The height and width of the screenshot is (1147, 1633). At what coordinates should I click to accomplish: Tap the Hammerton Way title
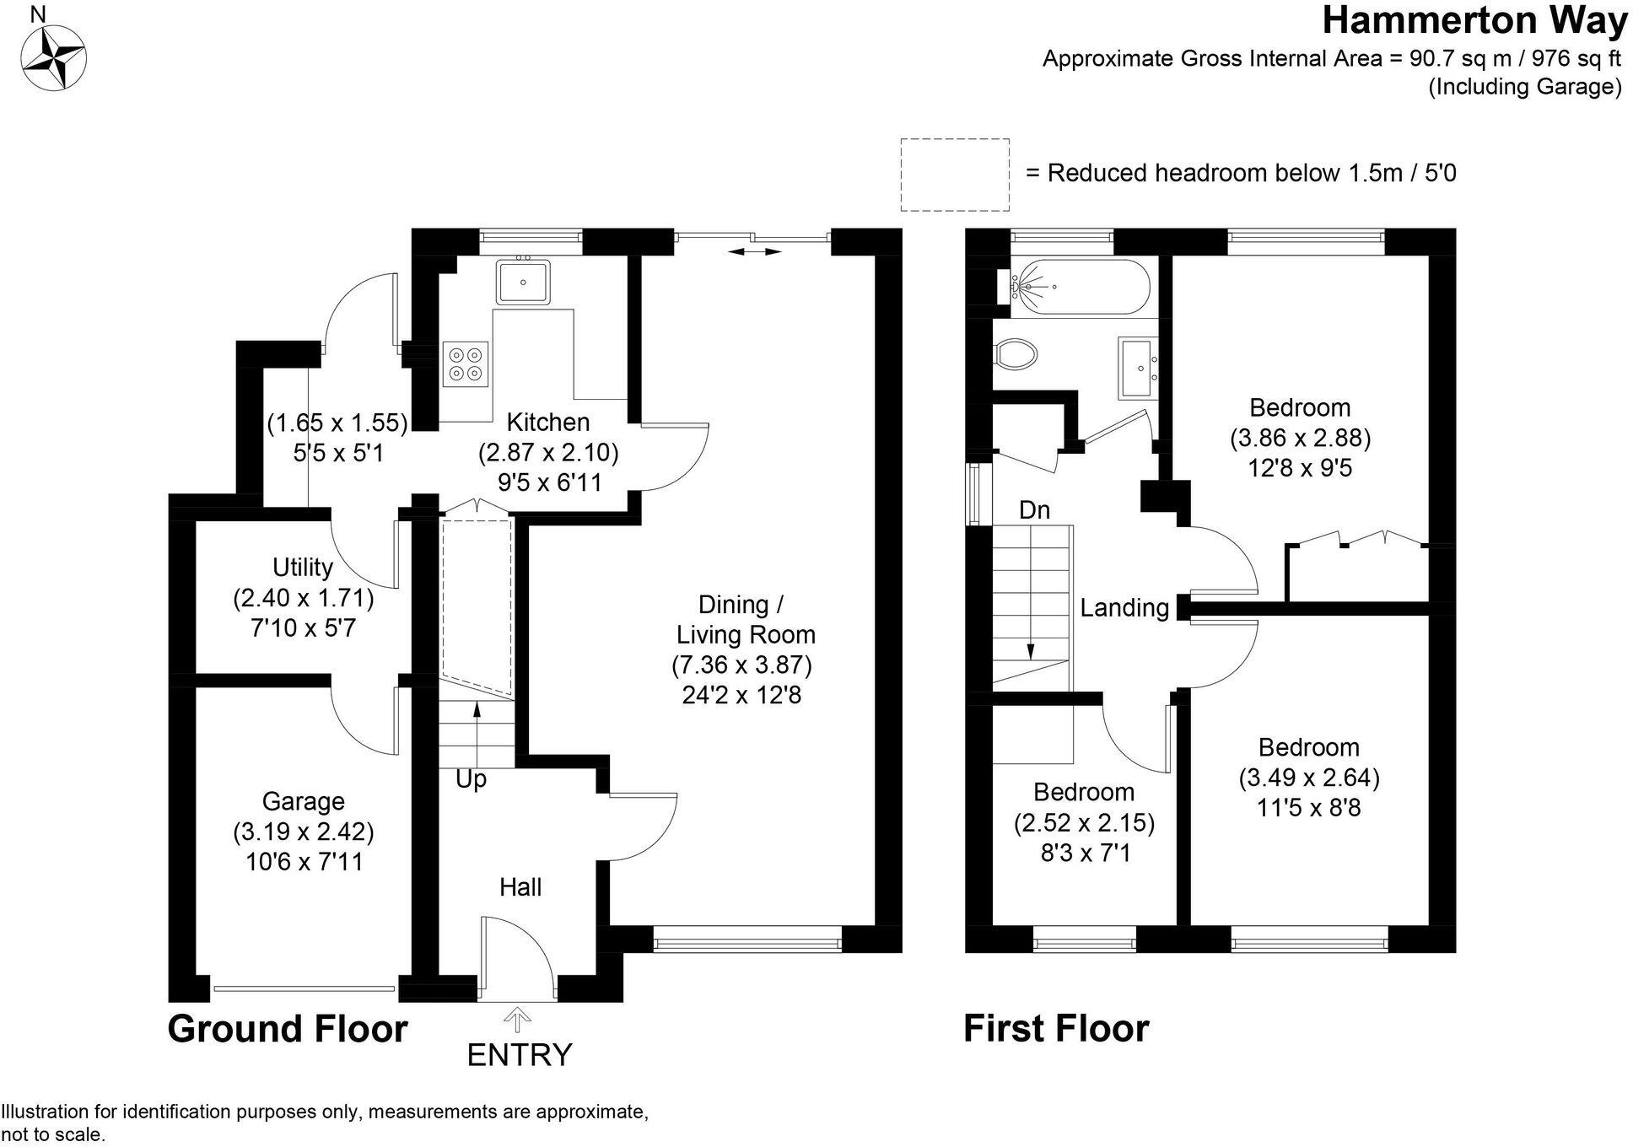[x=1474, y=21]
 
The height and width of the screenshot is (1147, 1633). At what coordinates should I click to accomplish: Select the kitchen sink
[x=523, y=282]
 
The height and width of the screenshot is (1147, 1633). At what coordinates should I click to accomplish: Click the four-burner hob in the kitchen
[x=466, y=363]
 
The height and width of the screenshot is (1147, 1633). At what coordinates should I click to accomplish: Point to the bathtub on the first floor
[x=1076, y=287]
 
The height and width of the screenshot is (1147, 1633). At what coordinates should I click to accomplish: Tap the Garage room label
[x=303, y=800]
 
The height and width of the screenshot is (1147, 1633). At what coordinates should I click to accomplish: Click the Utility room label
[x=303, y=567]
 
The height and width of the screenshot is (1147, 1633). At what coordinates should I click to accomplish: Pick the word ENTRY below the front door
[x=520, y=1054]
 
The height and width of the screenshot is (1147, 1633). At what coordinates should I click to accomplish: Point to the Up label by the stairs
[x=471, y=778]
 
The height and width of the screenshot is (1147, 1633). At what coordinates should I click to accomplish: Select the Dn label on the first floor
[x=1034, y=509]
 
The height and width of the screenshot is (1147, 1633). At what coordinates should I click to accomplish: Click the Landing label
[x=1124, y=607]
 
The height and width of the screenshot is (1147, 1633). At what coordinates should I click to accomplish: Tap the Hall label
[x=520, y=886]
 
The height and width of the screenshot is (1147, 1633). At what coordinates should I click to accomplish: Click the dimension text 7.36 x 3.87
[x=742, y=665]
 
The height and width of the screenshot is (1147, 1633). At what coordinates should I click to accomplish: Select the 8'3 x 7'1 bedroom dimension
[x=1084, y=853]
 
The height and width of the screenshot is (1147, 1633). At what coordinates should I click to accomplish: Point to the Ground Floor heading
[x=288, y=1029]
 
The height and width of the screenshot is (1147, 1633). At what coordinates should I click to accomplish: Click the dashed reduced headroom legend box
[x=955, y=175]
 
